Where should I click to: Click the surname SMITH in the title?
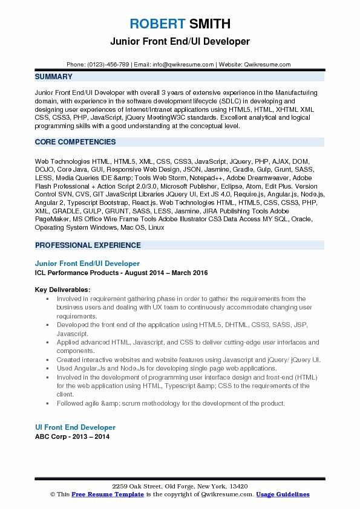click(x=209, y=24)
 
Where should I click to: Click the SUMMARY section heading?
click(x=54, y=77)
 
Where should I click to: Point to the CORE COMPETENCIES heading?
click(x=76, y=142)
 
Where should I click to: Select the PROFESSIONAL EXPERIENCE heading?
click(x=88, y=245)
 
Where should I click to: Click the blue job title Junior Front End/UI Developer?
click(x=87, y=264)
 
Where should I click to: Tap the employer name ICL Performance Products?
click(x=75, y=273)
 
